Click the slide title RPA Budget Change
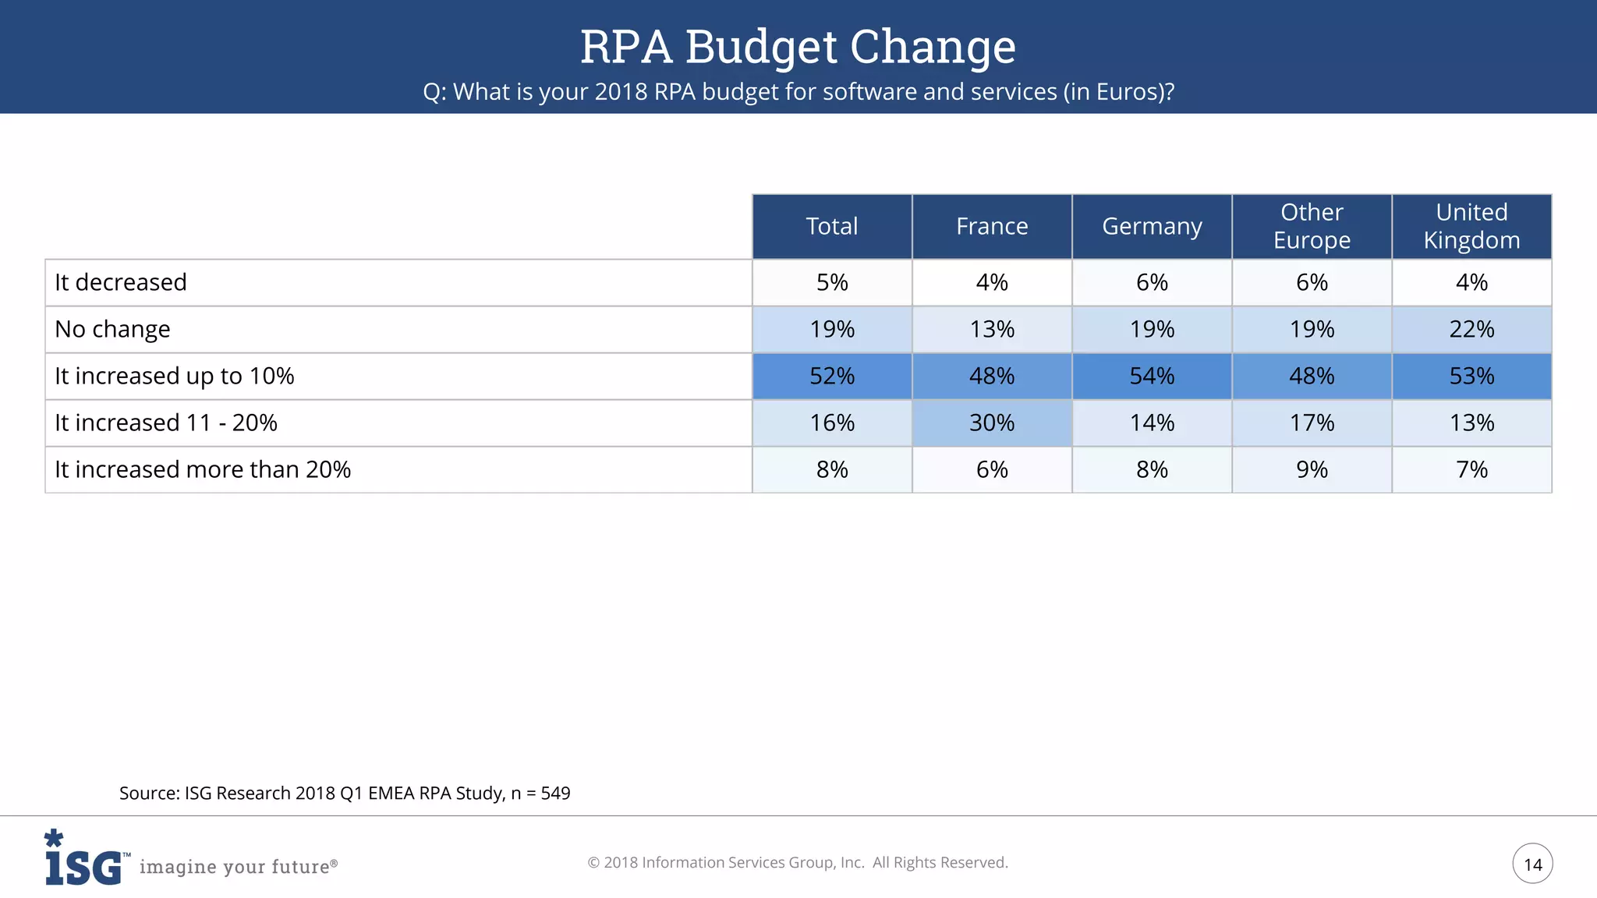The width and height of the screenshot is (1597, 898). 798,46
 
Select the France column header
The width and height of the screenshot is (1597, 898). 992,226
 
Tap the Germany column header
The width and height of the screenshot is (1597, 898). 1152,226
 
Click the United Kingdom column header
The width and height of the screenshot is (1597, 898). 1471,226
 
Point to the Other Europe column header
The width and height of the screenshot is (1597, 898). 1312,226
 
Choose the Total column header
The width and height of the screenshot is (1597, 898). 831,226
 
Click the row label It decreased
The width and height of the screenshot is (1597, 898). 121,282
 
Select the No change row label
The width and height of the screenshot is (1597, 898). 112,329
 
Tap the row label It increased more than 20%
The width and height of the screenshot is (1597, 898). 203,469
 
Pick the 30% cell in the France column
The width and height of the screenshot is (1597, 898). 992,422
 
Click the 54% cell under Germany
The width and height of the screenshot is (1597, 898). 1152,376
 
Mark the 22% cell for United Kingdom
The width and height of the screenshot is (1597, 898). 1471,329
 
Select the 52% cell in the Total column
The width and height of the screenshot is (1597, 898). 831,376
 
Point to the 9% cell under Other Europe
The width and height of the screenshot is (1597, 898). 1312,469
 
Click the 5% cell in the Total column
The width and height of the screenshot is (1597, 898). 831,282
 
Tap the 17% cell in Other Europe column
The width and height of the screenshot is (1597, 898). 1312,422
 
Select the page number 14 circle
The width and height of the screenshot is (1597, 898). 1532,864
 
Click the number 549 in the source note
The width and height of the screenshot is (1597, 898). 555,794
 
